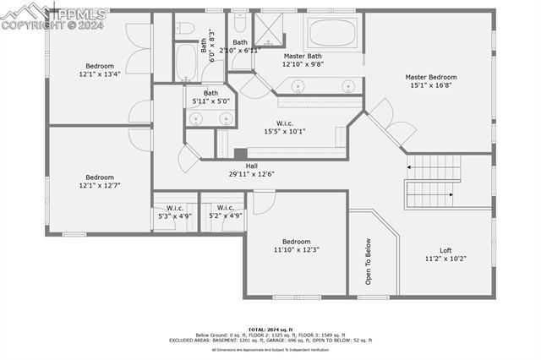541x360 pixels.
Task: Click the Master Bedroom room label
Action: click(433, 80)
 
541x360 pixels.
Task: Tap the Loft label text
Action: click(445, 254)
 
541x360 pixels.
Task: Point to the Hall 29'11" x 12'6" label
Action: click(252, 170)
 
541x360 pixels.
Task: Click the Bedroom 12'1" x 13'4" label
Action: click(100, 70)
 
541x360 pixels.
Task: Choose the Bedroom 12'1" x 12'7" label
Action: click(100, 181)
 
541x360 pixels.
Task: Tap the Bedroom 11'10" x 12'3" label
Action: click(296, 246)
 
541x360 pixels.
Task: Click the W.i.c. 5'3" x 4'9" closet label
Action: click(175, 211)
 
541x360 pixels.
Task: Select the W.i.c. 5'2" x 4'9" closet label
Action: click(225, 211)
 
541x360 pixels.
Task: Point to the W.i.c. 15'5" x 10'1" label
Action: click(284, 127)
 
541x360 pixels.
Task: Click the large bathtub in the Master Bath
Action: click(335, 34)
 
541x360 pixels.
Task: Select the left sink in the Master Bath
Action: click(298, 85)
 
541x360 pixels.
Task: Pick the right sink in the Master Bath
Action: click(347, 85)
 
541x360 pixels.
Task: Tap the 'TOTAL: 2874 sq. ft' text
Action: click(270, 329)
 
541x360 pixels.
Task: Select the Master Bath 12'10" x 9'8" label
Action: click(303, 60)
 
